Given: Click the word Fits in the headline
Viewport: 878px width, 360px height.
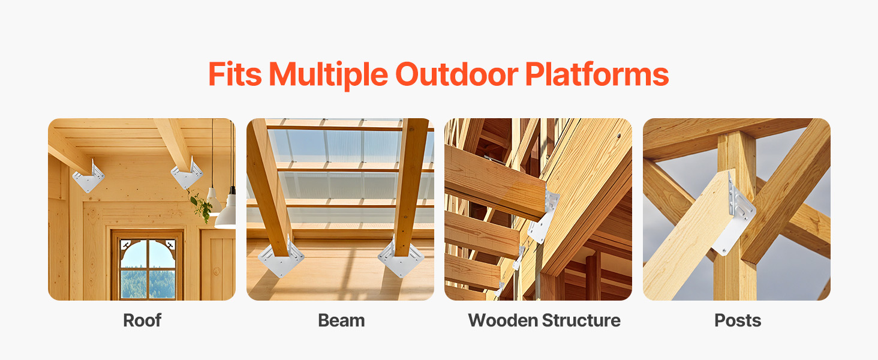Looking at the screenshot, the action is click(x=234, y=74).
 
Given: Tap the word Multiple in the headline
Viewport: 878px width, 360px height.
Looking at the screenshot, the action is click(x=329, y=75).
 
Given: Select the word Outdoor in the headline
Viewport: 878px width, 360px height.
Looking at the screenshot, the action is click(x=456, y=74).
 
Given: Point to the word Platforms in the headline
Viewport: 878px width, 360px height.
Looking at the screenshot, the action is click(x=597, y=74).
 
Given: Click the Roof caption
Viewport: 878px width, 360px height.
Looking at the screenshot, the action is click(x=142, y=320).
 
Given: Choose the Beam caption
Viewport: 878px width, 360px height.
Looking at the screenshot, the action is click(x=341, y=320).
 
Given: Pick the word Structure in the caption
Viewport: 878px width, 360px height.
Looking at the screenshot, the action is click(x=581, y=320).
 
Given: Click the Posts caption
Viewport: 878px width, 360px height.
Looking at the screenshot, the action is click(x=738, y=320).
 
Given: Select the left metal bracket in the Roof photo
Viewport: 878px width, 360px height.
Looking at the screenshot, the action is click(x=89, y=177).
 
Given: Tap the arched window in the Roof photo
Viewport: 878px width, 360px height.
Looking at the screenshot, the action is click(x=148, y=269).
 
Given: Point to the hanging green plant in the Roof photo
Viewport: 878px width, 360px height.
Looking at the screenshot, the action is click(x=201, y=206).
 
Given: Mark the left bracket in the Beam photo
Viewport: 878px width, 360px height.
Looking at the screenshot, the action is click(x=281, y=257).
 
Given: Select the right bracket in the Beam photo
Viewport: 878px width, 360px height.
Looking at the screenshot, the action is click(x=401, y=256).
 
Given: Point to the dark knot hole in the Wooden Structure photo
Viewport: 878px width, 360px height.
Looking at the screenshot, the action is click(x=619, y=136).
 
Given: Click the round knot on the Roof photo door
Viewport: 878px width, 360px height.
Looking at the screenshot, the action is click(x=217, y=271).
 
